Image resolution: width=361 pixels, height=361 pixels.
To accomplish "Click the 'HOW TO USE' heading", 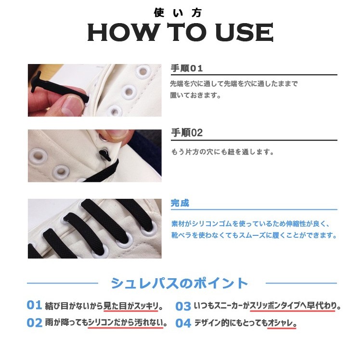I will coord(180,33).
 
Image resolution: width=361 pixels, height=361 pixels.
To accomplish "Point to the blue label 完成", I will coord(180,203).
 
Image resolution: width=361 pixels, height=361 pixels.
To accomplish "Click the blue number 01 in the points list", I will coord(34,305).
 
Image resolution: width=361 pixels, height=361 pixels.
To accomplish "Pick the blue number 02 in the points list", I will coord(34,323).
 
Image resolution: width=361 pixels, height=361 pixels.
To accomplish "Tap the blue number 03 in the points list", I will coord(183,306).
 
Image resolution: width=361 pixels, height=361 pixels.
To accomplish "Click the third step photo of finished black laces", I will coord(94,228).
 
